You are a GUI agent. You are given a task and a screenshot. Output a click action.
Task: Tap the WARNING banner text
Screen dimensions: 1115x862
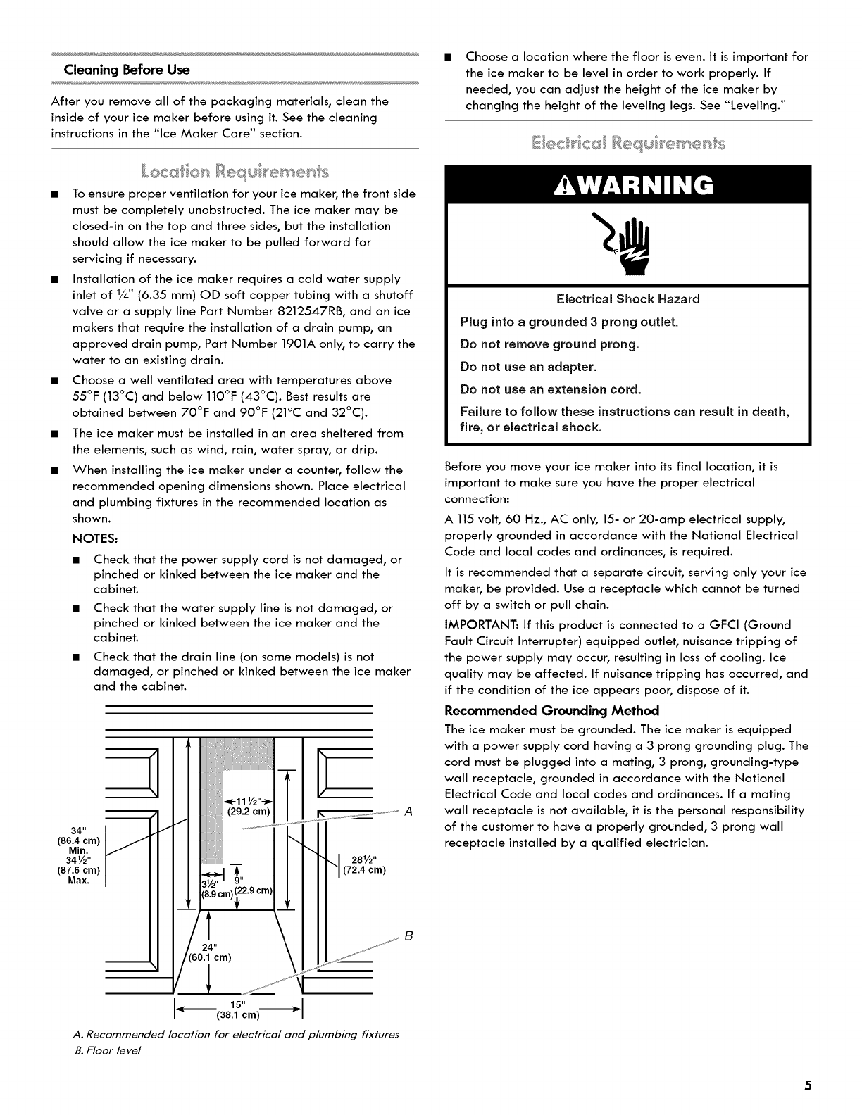(629, 185)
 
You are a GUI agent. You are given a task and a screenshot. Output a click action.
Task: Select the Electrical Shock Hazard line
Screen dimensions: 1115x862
(628, 299)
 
